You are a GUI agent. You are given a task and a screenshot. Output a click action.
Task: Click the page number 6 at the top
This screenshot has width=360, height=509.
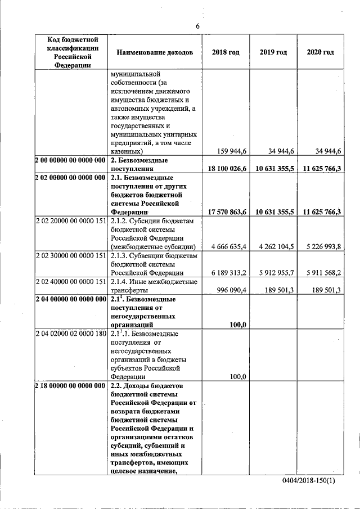coord(197,26)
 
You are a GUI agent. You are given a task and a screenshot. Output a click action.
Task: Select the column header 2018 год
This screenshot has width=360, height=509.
coord(226,52)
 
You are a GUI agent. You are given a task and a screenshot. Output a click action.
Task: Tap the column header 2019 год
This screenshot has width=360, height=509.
coord(273,52)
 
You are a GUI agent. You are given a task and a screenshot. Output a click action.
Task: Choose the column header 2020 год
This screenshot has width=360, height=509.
coord(320,52)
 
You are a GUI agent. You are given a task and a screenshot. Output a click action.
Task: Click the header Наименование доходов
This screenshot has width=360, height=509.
coord(155,52)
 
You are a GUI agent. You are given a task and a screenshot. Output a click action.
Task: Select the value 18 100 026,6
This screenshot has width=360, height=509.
coord(227,169)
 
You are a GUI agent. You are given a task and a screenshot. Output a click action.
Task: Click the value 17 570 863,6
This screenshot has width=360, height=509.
coord(227,211)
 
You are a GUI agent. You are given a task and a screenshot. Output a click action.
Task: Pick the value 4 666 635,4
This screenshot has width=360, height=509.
coord(229,246)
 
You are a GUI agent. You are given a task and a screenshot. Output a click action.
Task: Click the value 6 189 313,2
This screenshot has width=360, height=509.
coord(229,273)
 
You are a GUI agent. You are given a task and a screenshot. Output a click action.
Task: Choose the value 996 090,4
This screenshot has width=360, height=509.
coord(232,290)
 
